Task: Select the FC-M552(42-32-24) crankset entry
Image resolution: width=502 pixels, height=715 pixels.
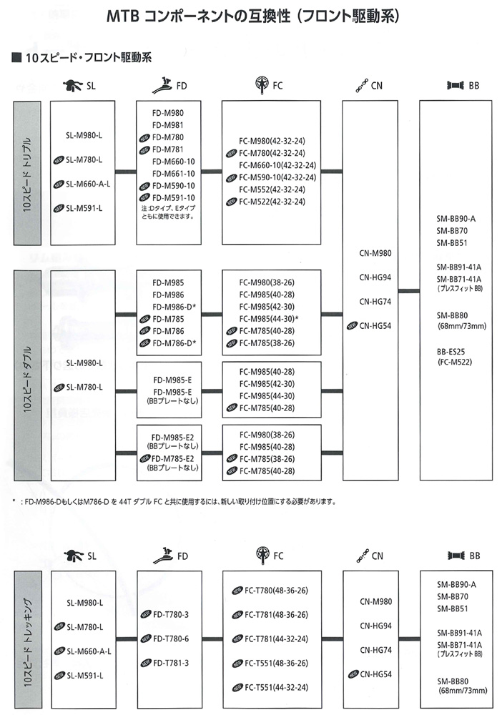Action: click(272, 189)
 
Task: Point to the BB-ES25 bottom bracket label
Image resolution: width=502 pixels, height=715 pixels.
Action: click(453, 352)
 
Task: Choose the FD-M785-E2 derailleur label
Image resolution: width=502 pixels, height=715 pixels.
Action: click(173, 458)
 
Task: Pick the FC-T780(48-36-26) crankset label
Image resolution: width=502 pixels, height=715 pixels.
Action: click(276, 591)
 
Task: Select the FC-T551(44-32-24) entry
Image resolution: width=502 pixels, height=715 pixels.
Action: click(276, 688)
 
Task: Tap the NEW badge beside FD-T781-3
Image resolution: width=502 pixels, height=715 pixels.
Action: click(144, 663)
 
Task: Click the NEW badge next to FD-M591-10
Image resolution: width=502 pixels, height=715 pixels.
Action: click(144, 197)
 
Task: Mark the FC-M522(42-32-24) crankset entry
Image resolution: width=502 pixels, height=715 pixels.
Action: click(272, 202)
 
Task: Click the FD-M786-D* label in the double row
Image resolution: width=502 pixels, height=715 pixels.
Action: click(174, 343)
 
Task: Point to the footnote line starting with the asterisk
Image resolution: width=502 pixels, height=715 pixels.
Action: click(179, 501)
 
